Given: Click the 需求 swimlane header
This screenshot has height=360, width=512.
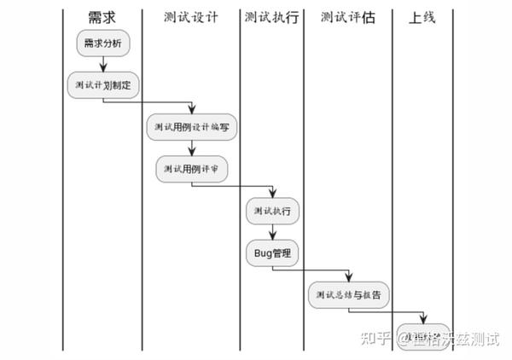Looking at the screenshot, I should coord(102,18).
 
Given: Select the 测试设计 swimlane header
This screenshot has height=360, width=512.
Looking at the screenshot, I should coord(191,18).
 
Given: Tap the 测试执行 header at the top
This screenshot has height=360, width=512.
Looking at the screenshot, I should coord(271,18).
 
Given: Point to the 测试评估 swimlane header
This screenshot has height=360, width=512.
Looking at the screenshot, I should coord(347,18).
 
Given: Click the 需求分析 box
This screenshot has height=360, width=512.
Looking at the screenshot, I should coord(103,44).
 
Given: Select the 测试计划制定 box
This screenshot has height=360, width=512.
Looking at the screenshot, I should coord(103,85).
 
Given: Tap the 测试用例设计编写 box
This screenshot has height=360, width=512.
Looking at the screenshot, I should coord(191,127).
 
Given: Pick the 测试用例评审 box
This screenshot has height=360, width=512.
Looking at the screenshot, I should coord(191,169).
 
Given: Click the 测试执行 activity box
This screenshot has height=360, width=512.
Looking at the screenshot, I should coord(272,211).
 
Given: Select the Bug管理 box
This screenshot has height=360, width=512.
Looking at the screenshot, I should coord(272,253).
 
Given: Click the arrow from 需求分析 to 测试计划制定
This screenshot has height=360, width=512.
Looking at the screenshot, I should coord(103,64).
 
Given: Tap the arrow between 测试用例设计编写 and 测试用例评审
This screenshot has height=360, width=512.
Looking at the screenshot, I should coord(191,148).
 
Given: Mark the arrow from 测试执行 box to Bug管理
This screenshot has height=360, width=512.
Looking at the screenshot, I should coord(272,232).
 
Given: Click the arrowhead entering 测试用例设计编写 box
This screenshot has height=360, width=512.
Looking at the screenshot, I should coord(191,110).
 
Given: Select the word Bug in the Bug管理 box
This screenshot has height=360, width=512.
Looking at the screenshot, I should coord(261,253).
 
